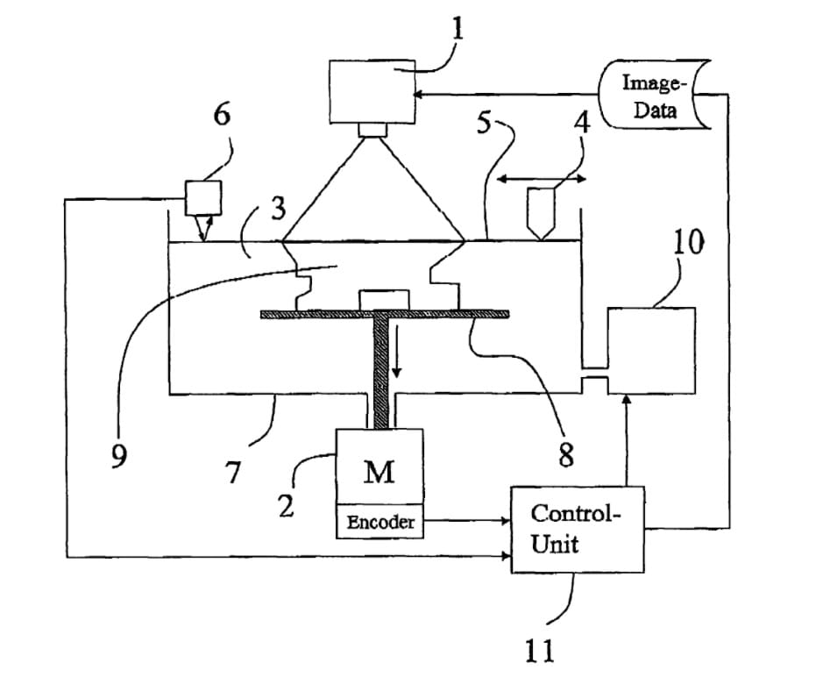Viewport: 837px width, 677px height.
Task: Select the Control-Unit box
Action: pyautogui.click(x=577, y=529)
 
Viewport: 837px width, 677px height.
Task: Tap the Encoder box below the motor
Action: pyautogui.click(x=380, y=523)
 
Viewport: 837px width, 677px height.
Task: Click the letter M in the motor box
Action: pyautogui.click(x=379, y=474)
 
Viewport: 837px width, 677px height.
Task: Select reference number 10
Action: pyautogui.click(x=688, y=242)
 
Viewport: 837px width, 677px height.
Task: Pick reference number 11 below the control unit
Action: pyautogui.click(x=541, y=650)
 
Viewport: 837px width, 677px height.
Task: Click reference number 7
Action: pyautogui.click(x=232, y=474)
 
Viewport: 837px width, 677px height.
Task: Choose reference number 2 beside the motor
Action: pyautogui.click(x=286, y=506)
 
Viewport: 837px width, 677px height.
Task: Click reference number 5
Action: pyautogui.click(x=485, y=123)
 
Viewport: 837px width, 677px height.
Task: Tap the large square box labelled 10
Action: pyautogui.click(x=651, y=350)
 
